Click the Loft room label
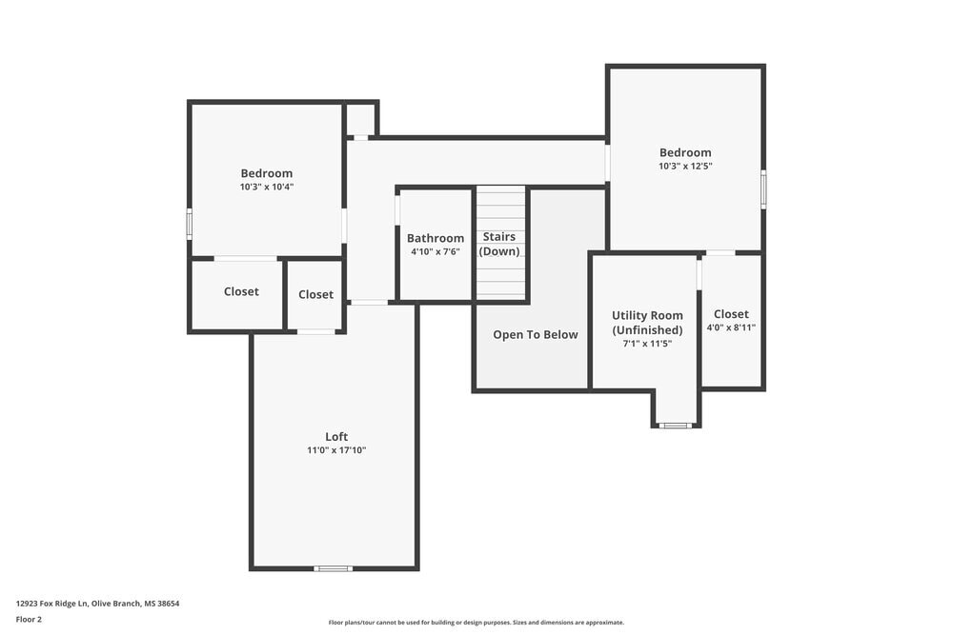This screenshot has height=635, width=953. [x=336, y=437]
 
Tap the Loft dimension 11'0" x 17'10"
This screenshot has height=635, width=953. [x=336, y=450]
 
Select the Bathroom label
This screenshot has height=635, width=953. [x=436, y=238]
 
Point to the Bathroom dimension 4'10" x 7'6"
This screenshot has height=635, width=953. [x=436, y=251]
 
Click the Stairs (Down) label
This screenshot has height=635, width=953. [x=499, y=244]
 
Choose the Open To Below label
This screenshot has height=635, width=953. [x=535, y=334]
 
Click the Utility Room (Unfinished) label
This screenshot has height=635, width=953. [x=647, y=323]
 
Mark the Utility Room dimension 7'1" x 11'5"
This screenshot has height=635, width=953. [x=647, y=344]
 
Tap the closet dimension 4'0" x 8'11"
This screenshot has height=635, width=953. [x=731, y=327]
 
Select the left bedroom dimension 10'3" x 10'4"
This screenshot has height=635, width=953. [x=267, y=187]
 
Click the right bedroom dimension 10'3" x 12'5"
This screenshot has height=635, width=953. [x=685, y=166]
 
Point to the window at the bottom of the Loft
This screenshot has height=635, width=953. [x=333, y=568]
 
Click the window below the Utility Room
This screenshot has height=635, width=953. [x=676, y=426]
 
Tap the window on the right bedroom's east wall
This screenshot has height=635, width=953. [x=763, y=189]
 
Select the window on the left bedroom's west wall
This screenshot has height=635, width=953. [x=189, y=224]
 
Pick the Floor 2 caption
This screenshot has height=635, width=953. [x=29, y=619]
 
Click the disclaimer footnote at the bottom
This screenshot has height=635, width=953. [x=476, y=623]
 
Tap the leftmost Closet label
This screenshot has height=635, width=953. [x=241, y=291]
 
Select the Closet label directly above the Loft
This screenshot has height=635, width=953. [x=315, y=294]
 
